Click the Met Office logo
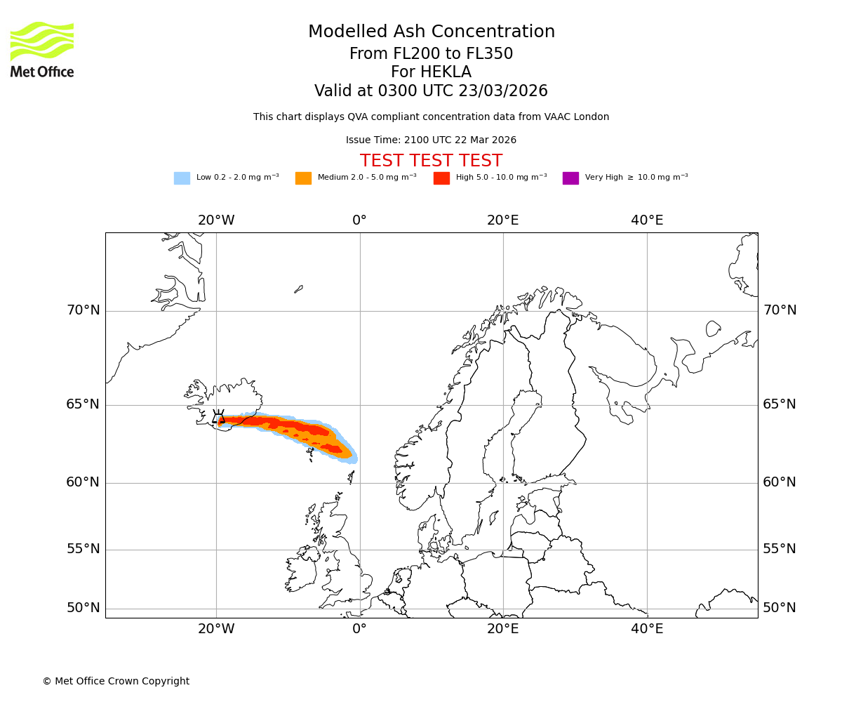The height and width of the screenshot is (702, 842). coord(42,49)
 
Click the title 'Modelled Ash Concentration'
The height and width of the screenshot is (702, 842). coord(431,32)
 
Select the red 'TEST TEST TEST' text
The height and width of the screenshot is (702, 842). coord(431,161)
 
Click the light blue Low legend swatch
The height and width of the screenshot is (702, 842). coord(182,178)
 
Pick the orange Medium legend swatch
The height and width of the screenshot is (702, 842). coord(303,178)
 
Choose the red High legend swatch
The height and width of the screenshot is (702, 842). coord(441,178)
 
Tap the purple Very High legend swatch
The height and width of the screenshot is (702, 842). coord(570,178)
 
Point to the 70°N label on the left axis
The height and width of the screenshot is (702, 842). coord(83,310)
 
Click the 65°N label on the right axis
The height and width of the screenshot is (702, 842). coord(780,404)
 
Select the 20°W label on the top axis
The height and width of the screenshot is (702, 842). coord(216,220)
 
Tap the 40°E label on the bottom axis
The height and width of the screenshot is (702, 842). coord(647,629)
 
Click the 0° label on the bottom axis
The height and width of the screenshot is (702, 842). coord(359,629)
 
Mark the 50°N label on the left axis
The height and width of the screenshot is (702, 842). coord(83,608)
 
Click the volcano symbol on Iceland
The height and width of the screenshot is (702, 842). coord(219,417)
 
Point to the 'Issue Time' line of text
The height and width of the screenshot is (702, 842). coord(431,140)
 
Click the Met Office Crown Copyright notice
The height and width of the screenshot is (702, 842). coord(116,681)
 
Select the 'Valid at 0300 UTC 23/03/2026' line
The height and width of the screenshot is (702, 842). coord(431,91)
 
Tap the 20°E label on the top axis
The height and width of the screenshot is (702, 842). coord(503,220)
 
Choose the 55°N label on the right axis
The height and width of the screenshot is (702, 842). coord(780,549)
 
